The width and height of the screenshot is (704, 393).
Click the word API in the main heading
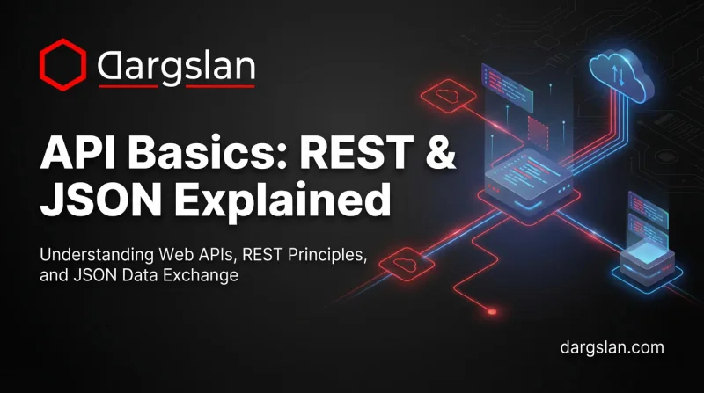[83, 156]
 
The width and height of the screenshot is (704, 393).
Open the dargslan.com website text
[612, 346]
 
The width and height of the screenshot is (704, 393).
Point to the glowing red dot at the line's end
[492, 310]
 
